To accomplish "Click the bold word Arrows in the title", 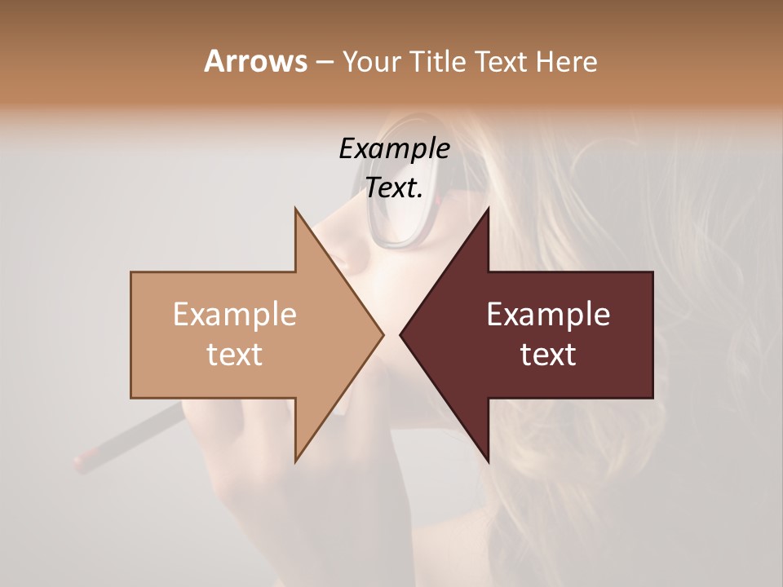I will pos(254,61).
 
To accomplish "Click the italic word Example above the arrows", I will pos(394,148).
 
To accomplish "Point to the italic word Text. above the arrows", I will pos(394,188).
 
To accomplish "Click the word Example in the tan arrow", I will pos(234,314).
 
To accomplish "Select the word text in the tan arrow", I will pos(234,355).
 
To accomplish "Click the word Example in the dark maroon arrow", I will pos(548,314).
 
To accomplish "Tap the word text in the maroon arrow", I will pos(548,355).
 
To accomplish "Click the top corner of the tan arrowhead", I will pos(295,209).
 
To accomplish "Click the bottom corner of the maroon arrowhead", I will pos(489,461).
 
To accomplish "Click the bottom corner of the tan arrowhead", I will pos(295,461).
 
